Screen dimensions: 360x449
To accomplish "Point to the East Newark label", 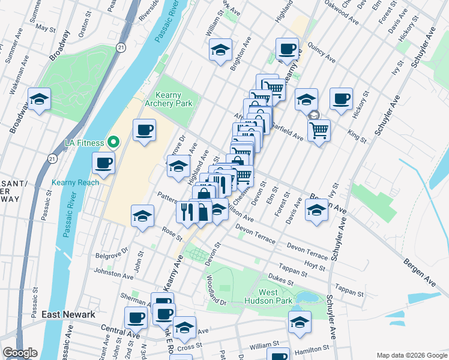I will pyautogui.click(x=68, y=314).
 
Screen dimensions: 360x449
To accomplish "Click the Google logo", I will pyautogui.click(x=20, y=353).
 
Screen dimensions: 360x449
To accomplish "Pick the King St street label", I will pyautogui.click(x=357, y=136).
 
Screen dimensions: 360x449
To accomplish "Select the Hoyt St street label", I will pyautogui.click(x=315, y=264).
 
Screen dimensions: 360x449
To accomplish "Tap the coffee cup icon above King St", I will pyautogui.click(x=341, y=99).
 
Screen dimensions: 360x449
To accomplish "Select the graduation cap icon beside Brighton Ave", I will pyautogui.click(x=221, y=50).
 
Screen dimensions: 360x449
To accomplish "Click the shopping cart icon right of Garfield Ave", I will pyautogui.click(x=319, y=129).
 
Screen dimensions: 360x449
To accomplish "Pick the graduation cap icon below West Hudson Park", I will pyautogui.click(x=300, y=322).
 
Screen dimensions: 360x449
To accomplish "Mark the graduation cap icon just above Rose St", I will pyautogui.click(x=142, y=216).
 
